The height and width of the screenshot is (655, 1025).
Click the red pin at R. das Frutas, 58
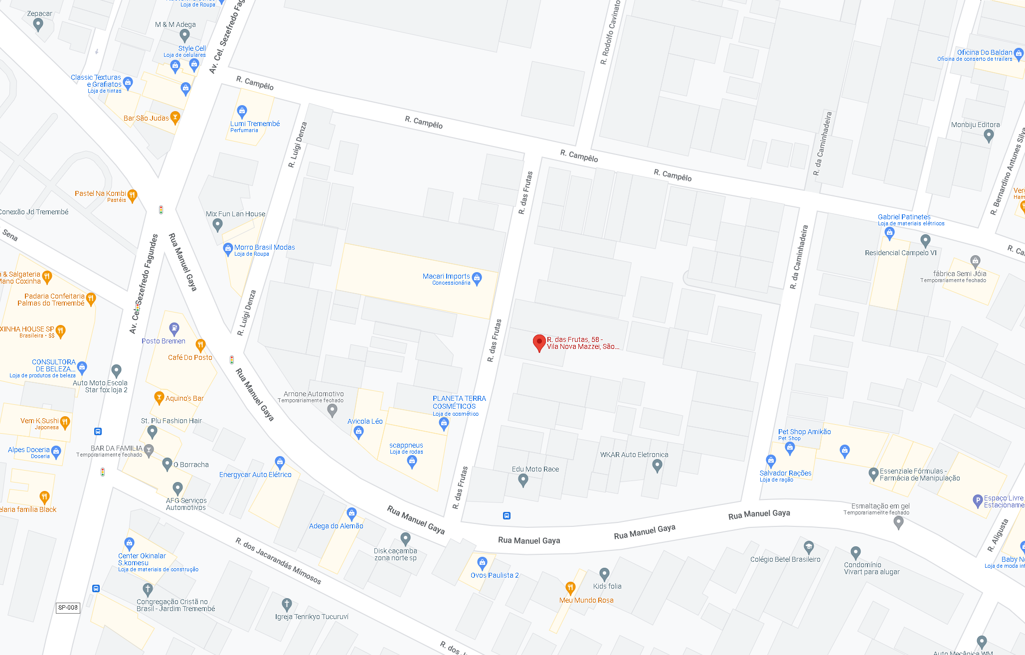click(539, 342)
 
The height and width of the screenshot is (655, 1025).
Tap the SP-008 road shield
click(68, 608)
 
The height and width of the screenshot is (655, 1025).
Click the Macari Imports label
click(446, 276)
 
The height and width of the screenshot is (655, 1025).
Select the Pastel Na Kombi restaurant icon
click(132, 195)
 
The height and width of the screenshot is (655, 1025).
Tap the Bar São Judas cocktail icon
click(175, 118)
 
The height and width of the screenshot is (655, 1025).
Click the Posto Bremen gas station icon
click(174, 328)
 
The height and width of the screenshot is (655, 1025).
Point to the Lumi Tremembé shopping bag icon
click(242, 111)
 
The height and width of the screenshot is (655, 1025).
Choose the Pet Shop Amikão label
click(804, 432)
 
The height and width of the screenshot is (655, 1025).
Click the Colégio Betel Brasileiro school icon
click(809, 547)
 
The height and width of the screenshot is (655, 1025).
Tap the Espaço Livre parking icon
click(978, 500)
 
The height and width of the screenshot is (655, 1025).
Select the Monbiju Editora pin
click(989, 135)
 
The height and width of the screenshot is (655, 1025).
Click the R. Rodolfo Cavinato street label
click(610, 33)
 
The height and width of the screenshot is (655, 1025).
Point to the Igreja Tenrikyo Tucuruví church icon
click(287, 604)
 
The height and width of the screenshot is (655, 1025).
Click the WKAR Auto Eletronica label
click(634, 455)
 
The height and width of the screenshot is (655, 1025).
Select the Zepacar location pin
click(38, 25)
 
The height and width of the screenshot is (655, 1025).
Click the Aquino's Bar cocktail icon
click(159, 397)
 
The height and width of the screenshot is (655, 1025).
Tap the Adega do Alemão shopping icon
click(351, 513)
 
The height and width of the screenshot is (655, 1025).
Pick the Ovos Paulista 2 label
click(495, 575)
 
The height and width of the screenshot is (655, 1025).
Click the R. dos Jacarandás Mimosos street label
click(278, 561)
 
